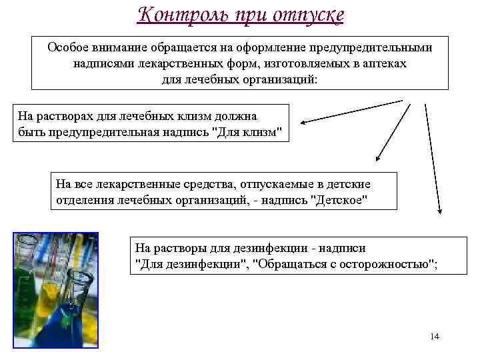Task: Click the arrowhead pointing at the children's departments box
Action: tap(377, 160)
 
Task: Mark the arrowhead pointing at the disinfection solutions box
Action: tap(439, 211)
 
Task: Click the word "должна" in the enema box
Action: tap(227, 116)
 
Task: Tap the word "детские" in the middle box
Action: tap(347, 184)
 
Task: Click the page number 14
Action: tap(435, 337)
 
